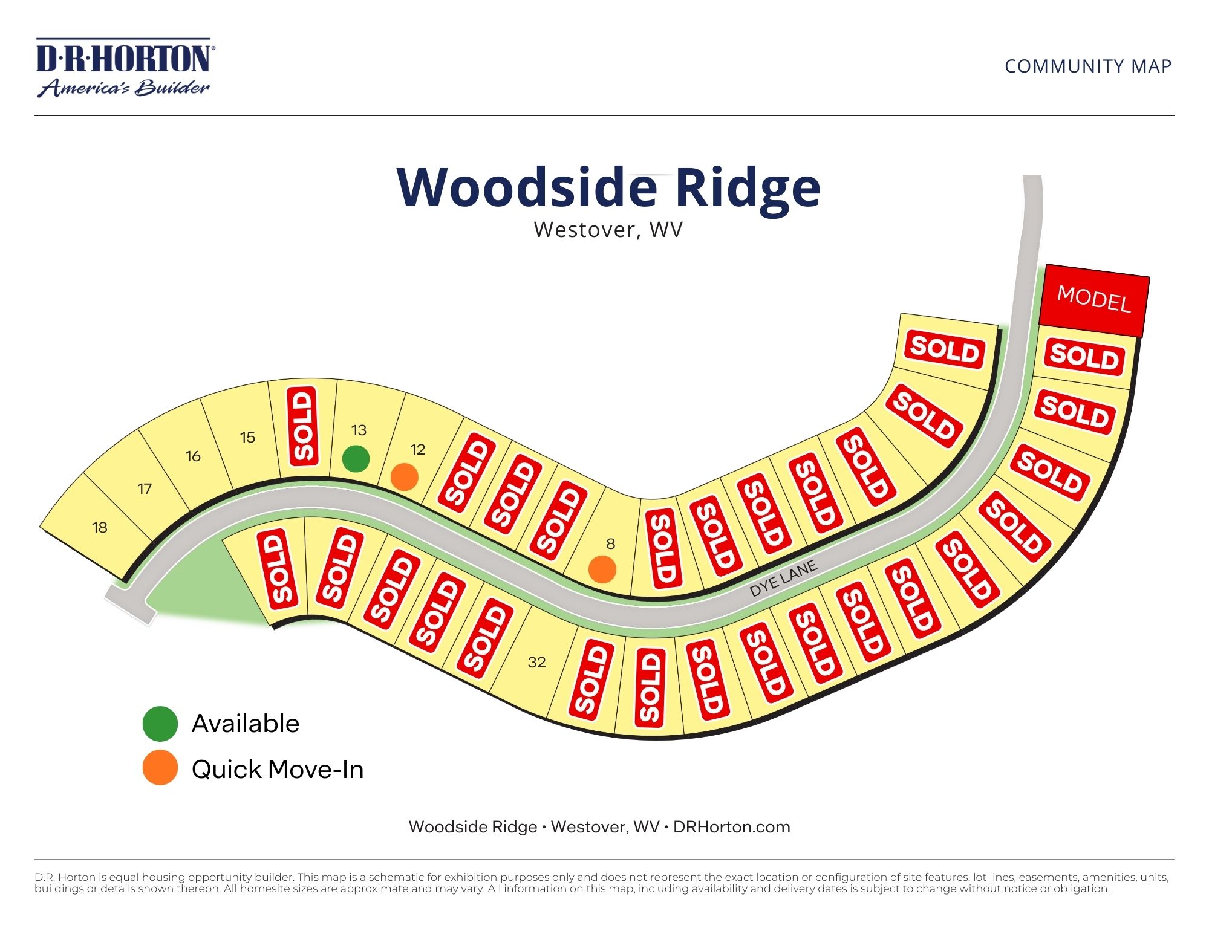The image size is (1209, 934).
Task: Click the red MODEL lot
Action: coord(1093,300)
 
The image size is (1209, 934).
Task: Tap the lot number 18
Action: coord(100,528)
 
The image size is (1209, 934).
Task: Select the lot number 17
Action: coord(145,488)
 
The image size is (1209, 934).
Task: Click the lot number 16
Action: coord(193,456)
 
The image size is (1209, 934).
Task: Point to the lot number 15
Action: coord(247,437)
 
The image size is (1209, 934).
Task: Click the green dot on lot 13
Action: coord(356,459)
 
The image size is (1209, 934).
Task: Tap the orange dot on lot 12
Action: coord(405,477)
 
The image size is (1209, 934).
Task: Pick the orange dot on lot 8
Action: coord(602,569)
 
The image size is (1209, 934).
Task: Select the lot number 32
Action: coord(536,663)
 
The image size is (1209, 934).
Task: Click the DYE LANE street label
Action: coord(783,579)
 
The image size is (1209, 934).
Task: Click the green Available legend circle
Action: coord(160,724)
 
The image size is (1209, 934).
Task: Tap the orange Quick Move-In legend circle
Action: coord(160,768)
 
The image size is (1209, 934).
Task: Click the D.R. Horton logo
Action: coord(125,68)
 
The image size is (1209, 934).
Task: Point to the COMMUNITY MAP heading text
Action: coord(1088,66)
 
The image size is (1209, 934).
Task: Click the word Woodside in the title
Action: coord(526,187)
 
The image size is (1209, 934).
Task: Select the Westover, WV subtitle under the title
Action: coord(608,230)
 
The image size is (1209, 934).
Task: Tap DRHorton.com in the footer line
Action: coord(731,827)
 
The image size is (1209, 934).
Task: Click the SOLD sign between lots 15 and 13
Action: coord(303,426)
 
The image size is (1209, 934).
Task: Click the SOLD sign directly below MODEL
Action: coord(1084,356)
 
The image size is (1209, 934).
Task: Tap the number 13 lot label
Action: coord(359,430)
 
